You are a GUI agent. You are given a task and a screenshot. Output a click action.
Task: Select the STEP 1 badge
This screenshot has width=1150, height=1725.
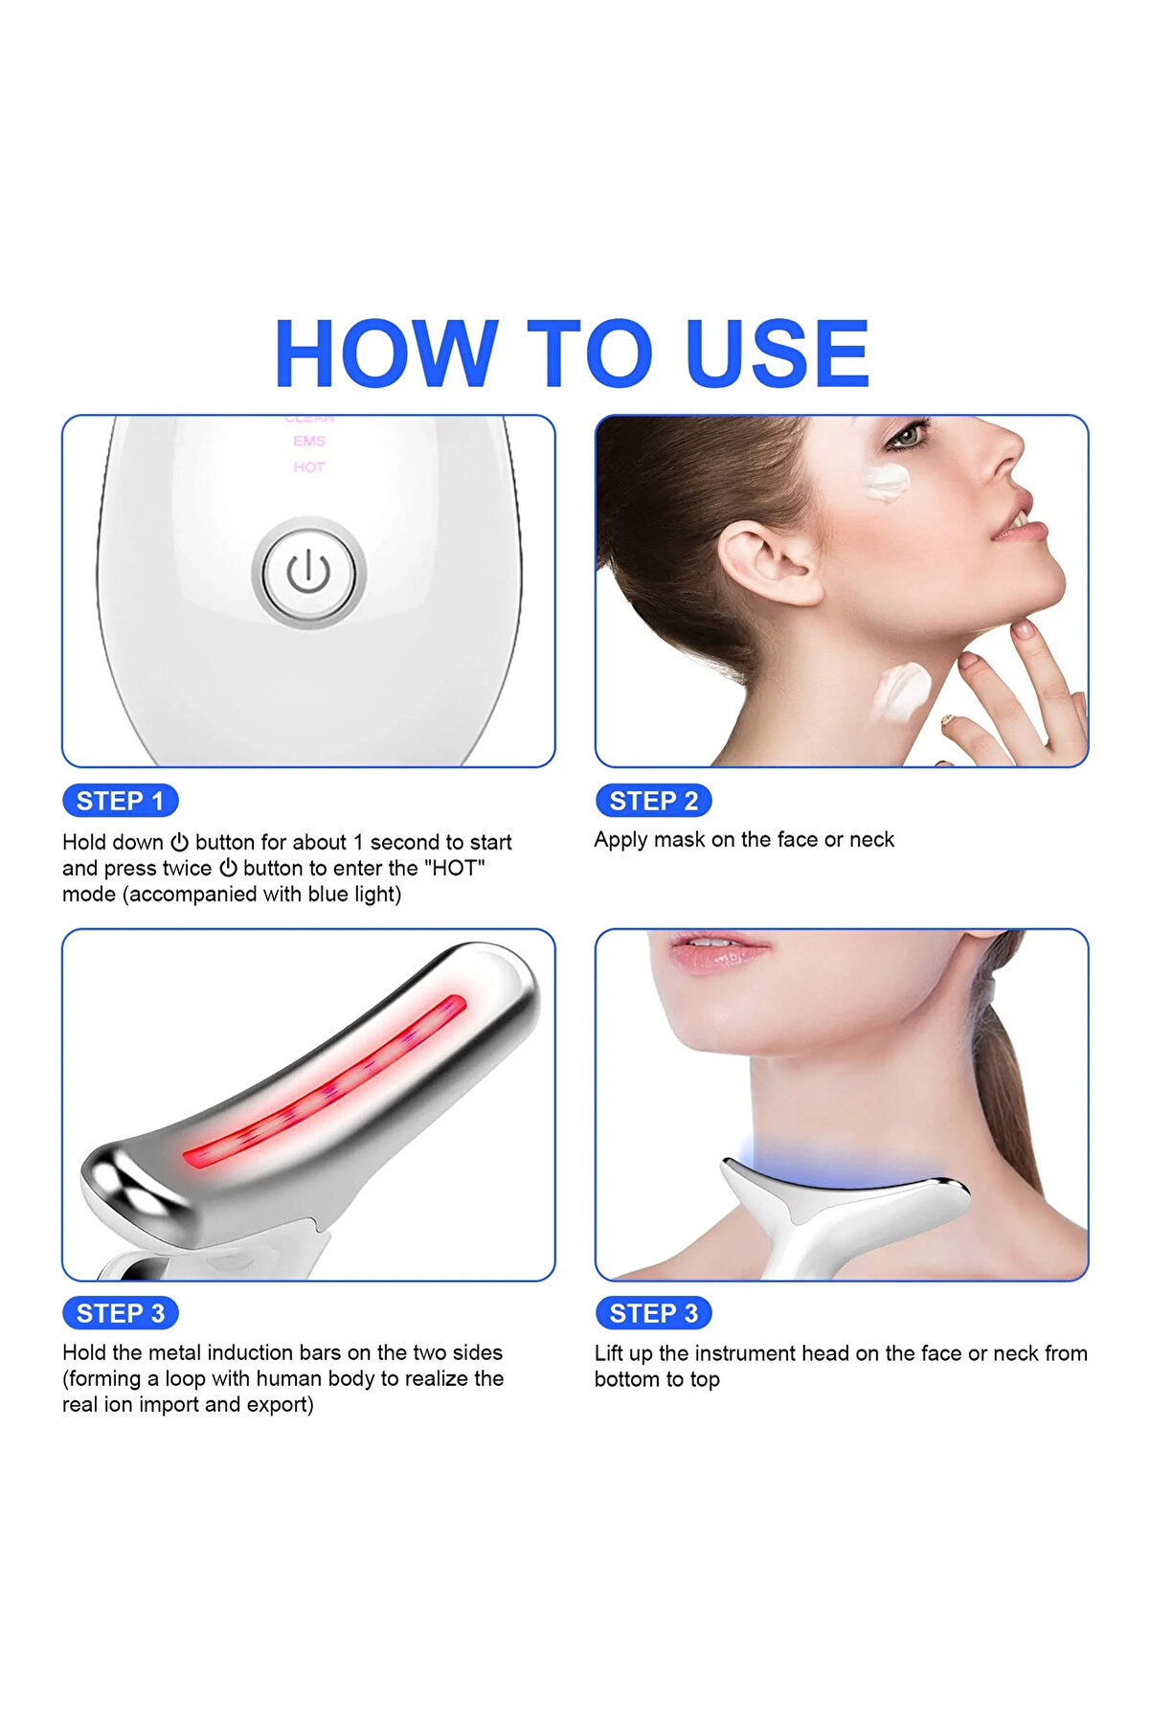(x=121, y=801)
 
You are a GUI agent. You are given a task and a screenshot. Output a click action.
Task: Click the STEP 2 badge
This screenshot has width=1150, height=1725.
(x=654, y=801)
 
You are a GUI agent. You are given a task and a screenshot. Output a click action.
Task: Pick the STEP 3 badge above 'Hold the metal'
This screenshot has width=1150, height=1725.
(x=121, y=1313)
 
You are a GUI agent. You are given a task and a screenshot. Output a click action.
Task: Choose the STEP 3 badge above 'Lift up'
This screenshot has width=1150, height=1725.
(x=654, y=1313)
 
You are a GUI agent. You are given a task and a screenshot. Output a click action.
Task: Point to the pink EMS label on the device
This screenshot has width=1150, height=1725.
(x=309, y=441)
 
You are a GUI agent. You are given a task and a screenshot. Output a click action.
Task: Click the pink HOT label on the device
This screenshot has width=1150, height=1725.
(x=309, y=467)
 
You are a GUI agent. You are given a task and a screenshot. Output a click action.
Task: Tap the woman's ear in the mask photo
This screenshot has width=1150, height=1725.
(x=766, y=565)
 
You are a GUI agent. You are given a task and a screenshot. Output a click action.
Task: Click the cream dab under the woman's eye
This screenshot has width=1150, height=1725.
(x=885, y=482)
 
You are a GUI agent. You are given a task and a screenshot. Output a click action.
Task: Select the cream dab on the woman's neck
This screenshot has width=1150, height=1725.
(x=901, y=692)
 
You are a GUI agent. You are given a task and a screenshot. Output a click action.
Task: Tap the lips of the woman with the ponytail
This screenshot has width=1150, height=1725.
(x=718, y=953)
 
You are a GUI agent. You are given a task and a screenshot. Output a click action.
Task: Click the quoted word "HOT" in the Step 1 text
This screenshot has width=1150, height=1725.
(x=459, y=868)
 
